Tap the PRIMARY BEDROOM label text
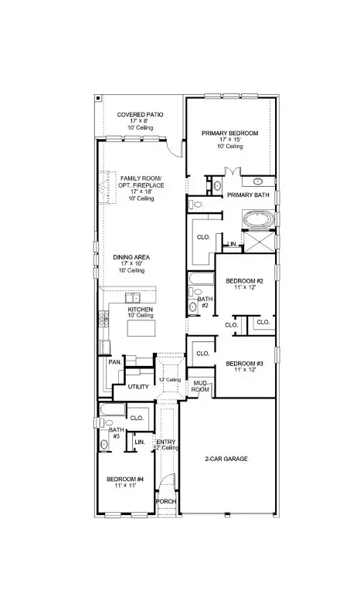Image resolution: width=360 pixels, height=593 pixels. pos(229,133)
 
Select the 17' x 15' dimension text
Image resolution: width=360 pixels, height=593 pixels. pos(229,140)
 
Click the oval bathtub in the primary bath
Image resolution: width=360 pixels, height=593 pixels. pos(257,222)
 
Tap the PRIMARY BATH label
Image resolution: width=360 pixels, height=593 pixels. pos(247,195)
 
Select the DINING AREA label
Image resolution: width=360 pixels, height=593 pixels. pos(133,257)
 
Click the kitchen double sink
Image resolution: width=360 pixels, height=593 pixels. pos(132,297)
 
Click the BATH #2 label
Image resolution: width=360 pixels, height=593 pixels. pos(204,302)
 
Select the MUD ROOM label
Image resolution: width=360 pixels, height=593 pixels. pos(199,385)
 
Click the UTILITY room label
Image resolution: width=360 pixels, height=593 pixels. pos(138,386)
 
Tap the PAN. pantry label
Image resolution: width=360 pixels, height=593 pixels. pos(114,361)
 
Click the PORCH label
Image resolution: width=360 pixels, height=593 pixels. pos(166,501)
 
